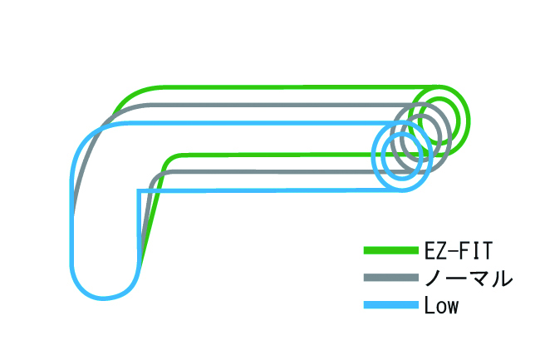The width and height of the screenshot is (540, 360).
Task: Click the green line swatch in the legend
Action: (x=390, y=249)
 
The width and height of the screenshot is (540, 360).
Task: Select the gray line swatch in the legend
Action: (x=390, y=278)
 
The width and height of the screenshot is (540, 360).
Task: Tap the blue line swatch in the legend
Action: (x=390, y=306)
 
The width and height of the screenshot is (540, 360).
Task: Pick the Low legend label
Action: (x=441, y=306)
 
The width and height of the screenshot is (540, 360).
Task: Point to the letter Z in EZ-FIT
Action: (x=440, y=249)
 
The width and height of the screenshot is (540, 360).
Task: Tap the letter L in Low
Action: (x=428, y=306)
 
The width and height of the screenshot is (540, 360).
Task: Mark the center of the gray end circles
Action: (x=421, y=136)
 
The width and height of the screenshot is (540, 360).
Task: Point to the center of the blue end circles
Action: (x=401, y=156)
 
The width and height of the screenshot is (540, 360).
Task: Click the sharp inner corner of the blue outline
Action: (x=138, y=191)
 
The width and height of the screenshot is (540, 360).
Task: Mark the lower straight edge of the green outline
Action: (x=274, y=155)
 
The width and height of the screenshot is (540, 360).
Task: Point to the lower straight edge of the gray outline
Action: (x=266, y=172)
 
